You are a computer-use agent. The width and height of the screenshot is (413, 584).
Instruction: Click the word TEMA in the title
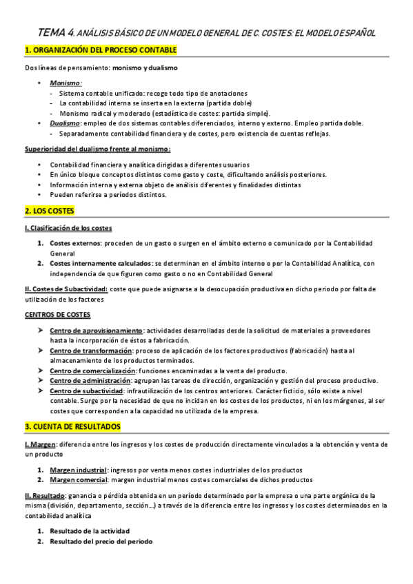53,32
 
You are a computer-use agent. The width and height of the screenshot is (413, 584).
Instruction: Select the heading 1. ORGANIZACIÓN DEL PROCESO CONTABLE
101,50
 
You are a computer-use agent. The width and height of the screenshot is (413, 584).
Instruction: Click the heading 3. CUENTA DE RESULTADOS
72,426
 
